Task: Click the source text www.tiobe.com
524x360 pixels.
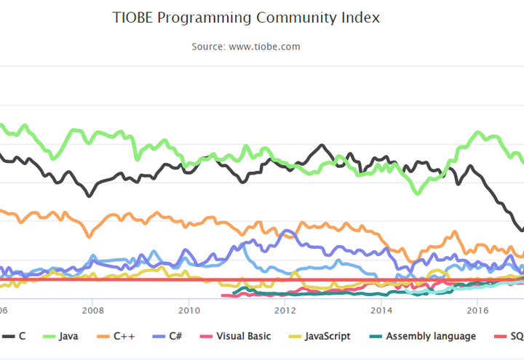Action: point(263,47)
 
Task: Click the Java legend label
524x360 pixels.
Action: point(68,336)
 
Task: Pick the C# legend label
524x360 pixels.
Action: point(175,336)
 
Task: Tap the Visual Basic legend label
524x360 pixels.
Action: point(242,336)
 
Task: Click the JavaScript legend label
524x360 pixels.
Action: point(327,336)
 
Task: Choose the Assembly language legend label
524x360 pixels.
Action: point(431,336)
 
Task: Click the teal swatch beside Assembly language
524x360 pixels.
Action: point(374,336)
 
